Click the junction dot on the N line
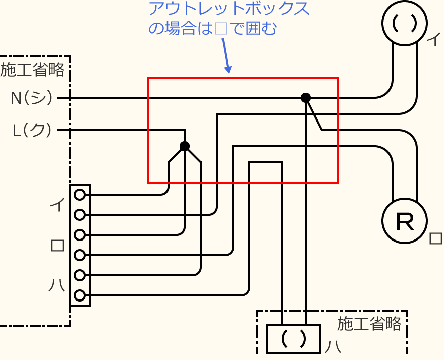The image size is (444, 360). tap(305, 97)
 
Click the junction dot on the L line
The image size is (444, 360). tap(185, 146)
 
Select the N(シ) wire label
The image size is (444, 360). tap(32, 97)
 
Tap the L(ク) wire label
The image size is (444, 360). tap(32, 131)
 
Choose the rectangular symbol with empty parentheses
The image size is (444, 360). tap(293, 338)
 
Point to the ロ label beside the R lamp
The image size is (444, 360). tap(435, 238)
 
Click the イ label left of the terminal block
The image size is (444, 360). tap(57, 204)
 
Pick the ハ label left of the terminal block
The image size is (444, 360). tap(57, 286)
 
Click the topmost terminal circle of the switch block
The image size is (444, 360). tap(79, 194)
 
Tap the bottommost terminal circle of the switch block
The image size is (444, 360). tap(79, 295)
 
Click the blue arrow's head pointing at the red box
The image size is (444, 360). tap(228, 70)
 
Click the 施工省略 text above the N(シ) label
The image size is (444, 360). tap(33, 70)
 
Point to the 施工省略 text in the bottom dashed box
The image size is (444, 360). tap(369, 323)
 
